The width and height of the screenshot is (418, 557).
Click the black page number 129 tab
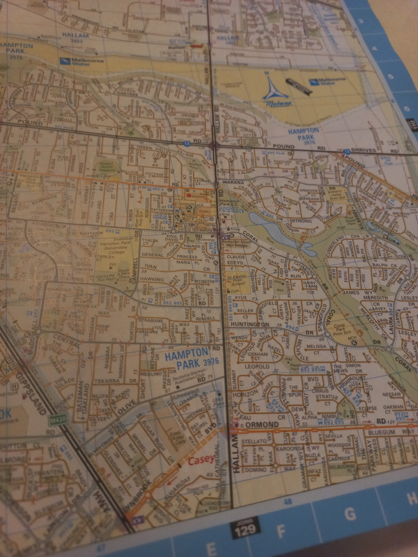click(245, 529)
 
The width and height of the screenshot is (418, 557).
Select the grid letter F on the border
click(281, 531)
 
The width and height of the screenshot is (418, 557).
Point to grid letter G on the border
click(350, 513)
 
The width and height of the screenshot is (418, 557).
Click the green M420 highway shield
click(58, 420)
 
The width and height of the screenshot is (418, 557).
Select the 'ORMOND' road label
click(262, 425)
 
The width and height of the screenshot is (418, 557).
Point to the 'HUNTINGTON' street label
click(250, 324)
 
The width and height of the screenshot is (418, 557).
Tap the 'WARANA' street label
click(233, 182)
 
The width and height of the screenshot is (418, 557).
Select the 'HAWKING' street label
click(152, 279)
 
